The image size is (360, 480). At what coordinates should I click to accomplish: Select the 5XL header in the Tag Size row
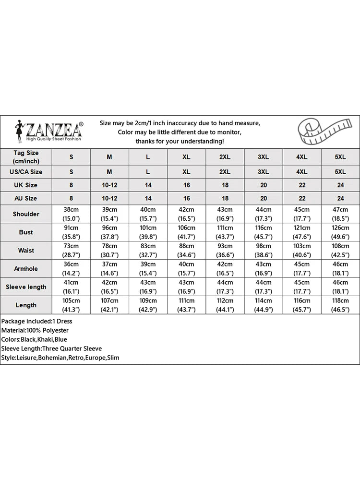point(340,157)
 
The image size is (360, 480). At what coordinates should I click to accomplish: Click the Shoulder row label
point(26,214)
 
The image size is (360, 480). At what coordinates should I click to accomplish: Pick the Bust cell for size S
point(72,232)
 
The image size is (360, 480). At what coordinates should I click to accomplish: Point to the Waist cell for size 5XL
point(340,250)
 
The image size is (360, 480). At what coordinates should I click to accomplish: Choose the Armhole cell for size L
point(148,268)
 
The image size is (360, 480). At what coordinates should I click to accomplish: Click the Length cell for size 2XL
point(225,305)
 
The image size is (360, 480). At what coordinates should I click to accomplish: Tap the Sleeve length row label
point(26,287)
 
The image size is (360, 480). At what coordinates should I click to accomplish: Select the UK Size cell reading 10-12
point(109,185)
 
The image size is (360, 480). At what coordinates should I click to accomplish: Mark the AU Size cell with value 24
point(340,198)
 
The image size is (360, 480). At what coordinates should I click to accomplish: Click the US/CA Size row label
point(26,171)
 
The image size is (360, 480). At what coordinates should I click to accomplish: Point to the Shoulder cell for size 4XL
point(302,214)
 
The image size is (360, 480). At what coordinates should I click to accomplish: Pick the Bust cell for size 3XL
point(263,232)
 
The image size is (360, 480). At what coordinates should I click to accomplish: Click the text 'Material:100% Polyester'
point(35,330)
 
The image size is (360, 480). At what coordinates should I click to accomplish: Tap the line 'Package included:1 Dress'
point(36,321)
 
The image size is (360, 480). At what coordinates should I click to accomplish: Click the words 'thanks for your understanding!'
point(180,141)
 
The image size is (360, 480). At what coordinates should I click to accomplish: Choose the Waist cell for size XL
point(186,250)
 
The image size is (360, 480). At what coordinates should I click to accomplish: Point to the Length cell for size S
point(72,305)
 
